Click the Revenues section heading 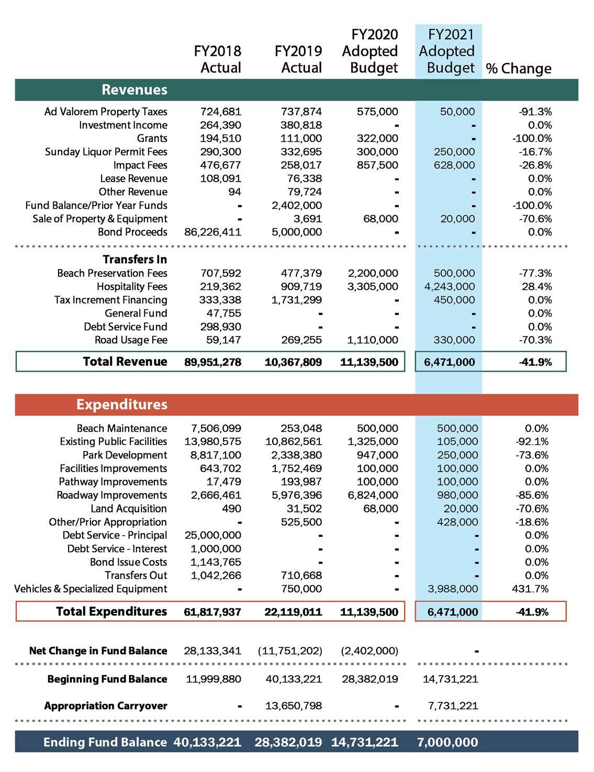pyautogui.click(x=135, y=89)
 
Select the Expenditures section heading pyautogui.click(x=121, y=405)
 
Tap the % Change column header pyautogui.click(x=519, y=69)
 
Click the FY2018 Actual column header pyautogui.click(x=218, y=59)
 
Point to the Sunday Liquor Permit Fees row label pyautogui.click(x=106, y=152)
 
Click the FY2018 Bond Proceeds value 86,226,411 pyautogui.click(x=213, y=232)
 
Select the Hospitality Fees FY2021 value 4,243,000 pyautogui.click(x=447, y=286)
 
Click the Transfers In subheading pyautogui.click(x=135, y=260)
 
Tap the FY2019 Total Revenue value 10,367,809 pyautogui.click(x=294, y=362)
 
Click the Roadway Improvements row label pyautogui.click(x=112, y=495)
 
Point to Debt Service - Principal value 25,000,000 pyautogui.click(x=213, y=535)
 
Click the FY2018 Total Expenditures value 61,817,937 pyautogui.click(x=213, y=612)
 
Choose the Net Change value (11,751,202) pyautogui.click(x=290, y=651)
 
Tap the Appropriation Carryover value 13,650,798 pyautogui.click(x=294, y=706)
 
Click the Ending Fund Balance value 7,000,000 pyautogui.click(x=447, y=742)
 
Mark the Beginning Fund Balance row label pyautogui.click(x=107, y=679)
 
